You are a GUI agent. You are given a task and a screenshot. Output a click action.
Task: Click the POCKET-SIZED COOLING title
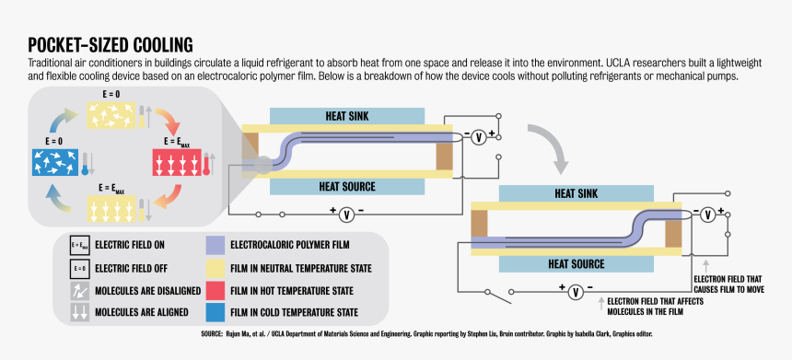click(110, 44)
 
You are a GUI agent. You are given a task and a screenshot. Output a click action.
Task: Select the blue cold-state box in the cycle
click(53, 164)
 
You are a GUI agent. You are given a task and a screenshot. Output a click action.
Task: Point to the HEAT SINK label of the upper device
click(347, 117)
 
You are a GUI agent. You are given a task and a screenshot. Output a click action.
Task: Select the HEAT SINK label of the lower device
click(577, 194)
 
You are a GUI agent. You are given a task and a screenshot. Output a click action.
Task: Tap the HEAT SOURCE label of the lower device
click(578, 263)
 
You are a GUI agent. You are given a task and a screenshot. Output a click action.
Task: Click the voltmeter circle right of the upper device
click(478, 138)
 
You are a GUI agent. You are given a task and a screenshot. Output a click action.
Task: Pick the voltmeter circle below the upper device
click(346, 215)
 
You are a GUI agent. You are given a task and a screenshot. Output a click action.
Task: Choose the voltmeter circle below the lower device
click(574, 293)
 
